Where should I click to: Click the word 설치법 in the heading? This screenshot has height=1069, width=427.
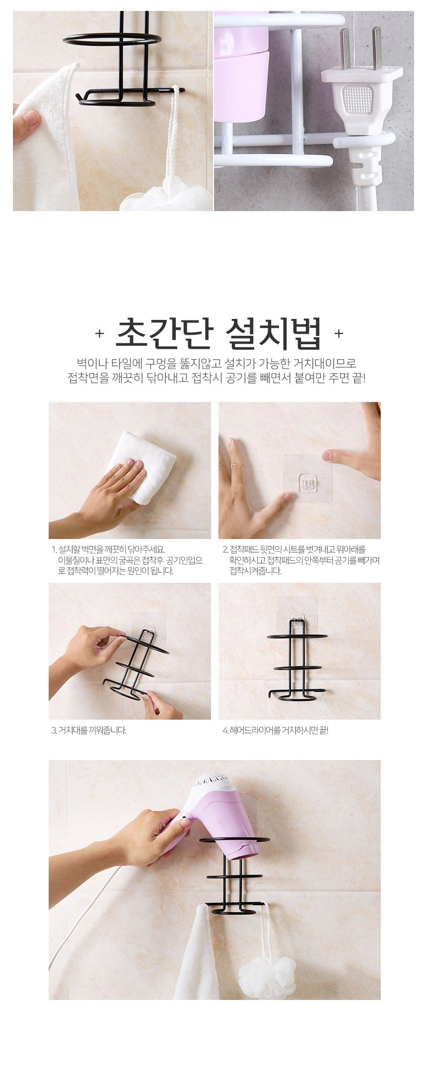tap(273, 333)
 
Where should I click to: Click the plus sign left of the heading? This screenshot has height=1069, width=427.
tap(99, 333)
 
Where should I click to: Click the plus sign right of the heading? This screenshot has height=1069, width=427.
tap(339, 333)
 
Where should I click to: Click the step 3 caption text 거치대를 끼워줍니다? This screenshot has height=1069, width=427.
tap(89, 730)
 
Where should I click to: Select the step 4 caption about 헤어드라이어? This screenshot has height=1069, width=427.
tap(275, 730)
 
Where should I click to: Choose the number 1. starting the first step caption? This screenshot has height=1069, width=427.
tap(54, 549)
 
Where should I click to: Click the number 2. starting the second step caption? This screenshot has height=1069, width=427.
tap(225, 549)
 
